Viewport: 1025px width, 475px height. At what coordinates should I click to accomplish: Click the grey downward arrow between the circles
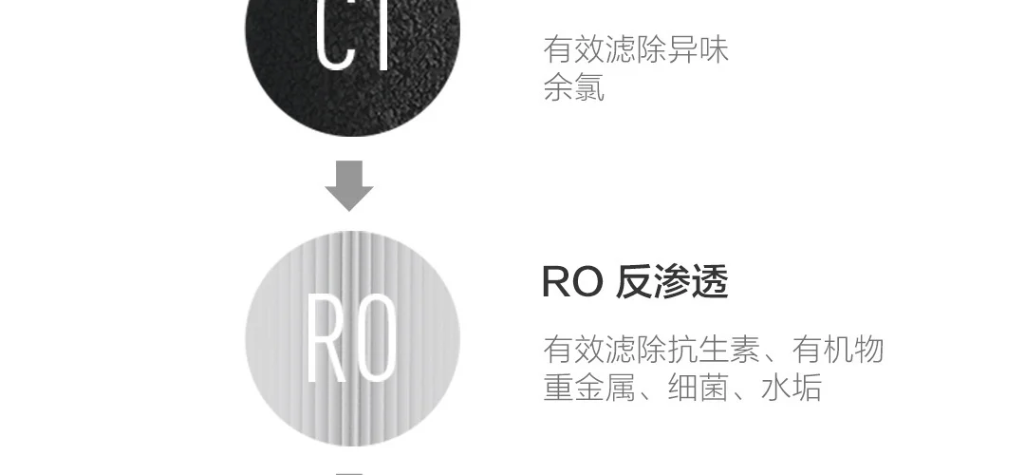(348, 185)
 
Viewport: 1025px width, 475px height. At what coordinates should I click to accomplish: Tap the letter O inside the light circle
(377, 340)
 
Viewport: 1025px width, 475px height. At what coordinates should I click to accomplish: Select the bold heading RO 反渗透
(634, 282)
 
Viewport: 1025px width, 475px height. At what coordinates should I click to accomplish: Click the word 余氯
(573, 88)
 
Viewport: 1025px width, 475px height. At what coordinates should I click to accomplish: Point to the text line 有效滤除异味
(636, 49)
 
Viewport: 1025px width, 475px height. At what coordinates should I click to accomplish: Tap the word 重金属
(588, 388)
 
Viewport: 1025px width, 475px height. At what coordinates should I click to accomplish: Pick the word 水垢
(791, 388)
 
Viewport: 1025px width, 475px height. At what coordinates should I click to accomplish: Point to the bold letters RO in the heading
(571, 282)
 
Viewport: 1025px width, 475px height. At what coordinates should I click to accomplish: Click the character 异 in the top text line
(681, 49)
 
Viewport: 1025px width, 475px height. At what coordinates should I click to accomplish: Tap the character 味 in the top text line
(713, 49)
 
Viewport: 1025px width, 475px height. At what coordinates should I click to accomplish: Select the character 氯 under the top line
(589, 88)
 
